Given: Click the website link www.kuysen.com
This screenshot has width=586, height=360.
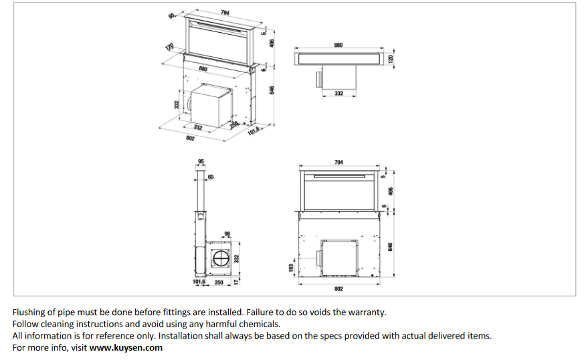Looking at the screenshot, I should click(x=126, y=348).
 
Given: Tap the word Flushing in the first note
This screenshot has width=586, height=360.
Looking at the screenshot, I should click(x=29, y=312).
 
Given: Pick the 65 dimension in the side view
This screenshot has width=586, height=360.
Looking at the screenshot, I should click(x=211, y=177).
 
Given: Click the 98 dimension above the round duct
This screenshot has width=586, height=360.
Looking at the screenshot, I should click(x=227, y=234).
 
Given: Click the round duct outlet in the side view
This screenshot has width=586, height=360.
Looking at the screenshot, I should click(x=221, y=258).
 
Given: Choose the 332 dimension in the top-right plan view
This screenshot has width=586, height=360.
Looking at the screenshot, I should click(x=338, y=94).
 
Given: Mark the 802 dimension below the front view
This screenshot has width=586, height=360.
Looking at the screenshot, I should click(x=338, y=288).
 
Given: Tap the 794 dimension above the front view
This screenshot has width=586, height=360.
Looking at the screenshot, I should click(x=338, y=162).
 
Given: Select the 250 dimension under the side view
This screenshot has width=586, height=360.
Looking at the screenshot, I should click(x=219, y=282).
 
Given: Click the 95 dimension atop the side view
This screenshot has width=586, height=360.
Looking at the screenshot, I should click(x=201, y=162).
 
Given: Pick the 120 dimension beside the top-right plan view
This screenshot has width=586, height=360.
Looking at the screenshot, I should click(x=392, y=59).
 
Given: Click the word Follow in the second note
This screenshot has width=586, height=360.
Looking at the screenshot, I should click(x=26, y=324).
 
